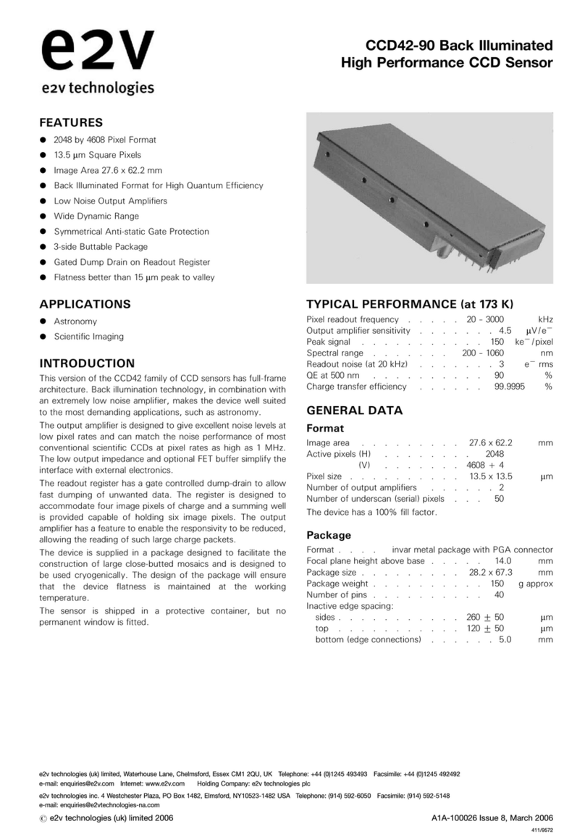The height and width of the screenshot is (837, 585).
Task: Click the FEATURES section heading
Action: pyautogui.click(x=71, y=122)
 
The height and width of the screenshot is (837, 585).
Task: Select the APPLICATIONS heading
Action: pyautogui.click(x=85, y=304)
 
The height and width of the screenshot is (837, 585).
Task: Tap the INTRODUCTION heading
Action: pyautogui.click(x=87, y=363)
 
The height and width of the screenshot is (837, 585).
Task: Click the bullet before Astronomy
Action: pyautogui.click(x=43, y=321)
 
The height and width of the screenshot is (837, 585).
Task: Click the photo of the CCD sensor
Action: pyautogui.click(x=429, y=198)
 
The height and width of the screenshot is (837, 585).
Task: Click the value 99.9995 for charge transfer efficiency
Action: pyautogui.click(x=489, y=387)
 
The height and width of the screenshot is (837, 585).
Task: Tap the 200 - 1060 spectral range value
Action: pyautogui.click(x=483, y=353)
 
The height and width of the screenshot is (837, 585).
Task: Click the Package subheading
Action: pyautogui.click(x=328, y=535)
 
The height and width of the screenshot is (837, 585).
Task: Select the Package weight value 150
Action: pyautogui.click(x=497, y=584)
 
